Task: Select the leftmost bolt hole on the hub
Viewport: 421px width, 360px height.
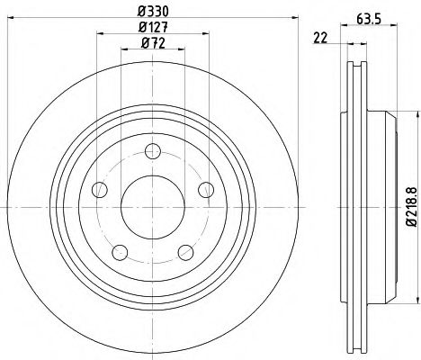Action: (x=101, y=190)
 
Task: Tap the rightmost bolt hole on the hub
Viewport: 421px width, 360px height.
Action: (x=206, y=189)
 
